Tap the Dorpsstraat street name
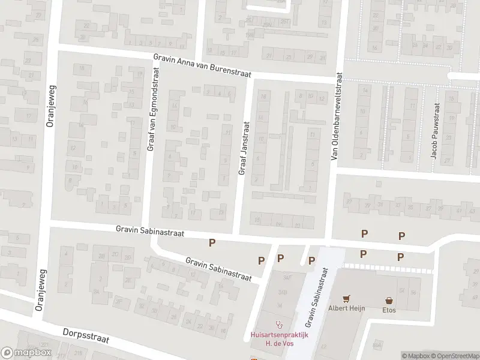pyautogui.click(x=86, y=335)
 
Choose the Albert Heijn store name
pyautogui.click(x=346, y=310)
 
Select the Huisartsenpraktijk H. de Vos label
pyautogui.click(x=278, y=340)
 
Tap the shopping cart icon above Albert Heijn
pyautogui.click(x=346, y=299)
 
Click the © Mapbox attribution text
pyautogui.click(x=415, y=356)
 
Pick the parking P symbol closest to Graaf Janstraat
pyautogui.click(x=211, y=242)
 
